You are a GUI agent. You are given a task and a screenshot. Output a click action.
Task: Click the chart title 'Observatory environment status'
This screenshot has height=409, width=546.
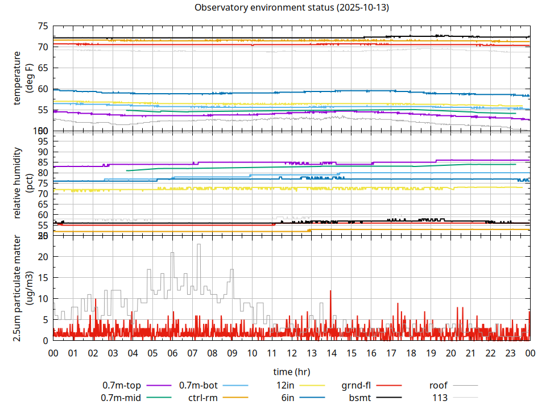291,8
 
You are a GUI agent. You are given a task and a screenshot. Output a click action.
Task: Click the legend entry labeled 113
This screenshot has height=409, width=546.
440,398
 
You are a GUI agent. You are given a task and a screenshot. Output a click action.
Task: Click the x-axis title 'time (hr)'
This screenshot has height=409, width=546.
291,372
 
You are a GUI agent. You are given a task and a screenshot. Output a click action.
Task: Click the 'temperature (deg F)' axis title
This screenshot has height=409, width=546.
23,78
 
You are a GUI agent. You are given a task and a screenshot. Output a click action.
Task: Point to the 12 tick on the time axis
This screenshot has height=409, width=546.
291,353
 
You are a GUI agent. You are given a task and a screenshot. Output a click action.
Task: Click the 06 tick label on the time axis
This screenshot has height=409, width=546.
172,353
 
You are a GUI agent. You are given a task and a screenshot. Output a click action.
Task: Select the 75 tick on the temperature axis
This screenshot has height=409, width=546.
43,26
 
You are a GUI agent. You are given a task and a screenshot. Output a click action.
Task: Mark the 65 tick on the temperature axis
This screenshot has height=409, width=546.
43,68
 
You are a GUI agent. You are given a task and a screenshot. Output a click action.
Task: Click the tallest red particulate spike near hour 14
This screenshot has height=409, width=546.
330,291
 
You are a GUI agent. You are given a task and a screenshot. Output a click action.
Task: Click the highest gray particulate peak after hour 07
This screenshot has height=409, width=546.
198,245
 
